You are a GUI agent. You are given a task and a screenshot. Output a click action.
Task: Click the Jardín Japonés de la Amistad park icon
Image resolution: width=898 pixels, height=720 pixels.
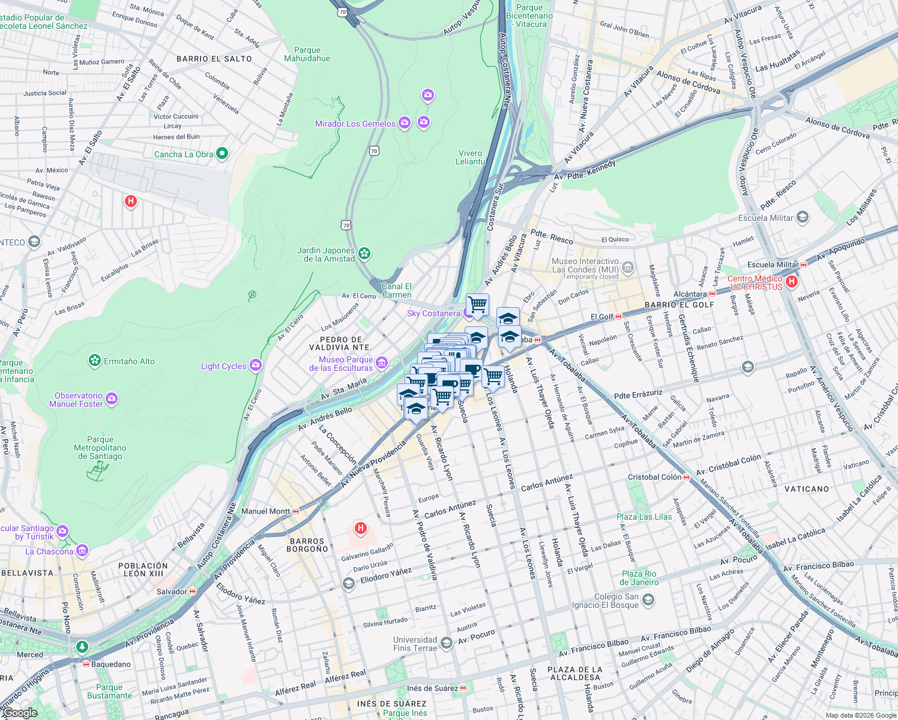[x=364, y=254]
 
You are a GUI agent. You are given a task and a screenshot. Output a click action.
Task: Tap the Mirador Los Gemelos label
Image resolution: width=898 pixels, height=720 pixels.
[x=355, y=124]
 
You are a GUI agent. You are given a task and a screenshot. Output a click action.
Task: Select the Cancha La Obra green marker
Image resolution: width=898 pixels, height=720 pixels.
[x=222, y=154]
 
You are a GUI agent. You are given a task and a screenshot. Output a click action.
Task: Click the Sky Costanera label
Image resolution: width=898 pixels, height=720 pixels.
[x=433, y=313]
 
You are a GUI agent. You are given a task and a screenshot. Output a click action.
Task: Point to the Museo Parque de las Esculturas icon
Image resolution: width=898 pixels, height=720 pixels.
[x=382, y=363]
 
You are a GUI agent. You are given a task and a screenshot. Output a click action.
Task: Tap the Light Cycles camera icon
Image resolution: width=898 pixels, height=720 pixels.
[x=256, y=365]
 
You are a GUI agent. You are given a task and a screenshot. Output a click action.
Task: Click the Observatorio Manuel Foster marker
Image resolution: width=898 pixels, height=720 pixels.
[x=112, y=399]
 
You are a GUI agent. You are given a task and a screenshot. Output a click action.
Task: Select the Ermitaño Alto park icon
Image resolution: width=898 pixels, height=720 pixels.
[x=94, y=361]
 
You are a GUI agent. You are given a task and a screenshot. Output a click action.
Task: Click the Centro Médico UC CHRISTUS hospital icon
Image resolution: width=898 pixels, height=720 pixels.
[x=792, y=281]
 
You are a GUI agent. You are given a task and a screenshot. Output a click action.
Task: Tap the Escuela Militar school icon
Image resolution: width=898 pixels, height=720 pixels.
[x=803, y=217]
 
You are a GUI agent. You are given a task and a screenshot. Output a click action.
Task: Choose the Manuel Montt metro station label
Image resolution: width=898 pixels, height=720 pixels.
[x=265, y=511]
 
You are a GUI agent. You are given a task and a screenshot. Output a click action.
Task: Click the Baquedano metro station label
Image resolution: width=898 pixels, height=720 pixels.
[x=110, y=664]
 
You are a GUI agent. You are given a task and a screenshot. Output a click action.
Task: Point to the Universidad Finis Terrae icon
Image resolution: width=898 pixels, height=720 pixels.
[x=446, y=643]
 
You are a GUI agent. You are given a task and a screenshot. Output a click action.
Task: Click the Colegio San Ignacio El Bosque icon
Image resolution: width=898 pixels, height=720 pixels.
[x=648, y=599]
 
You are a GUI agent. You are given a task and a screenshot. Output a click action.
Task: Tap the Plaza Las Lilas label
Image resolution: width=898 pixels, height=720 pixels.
[x=644, y=517]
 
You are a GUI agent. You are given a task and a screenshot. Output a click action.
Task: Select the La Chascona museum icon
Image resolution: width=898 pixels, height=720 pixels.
[x=82, y=550]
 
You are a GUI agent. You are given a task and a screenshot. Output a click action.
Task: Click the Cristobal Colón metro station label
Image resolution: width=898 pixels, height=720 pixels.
[x=654, y=477]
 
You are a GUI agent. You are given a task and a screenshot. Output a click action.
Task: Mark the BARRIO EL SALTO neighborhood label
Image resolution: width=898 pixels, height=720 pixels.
[x=214, y=59]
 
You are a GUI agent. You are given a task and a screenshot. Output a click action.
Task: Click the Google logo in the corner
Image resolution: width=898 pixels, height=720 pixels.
[x=20, y=713]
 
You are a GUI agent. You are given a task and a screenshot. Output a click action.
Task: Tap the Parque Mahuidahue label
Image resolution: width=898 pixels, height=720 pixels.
[x=307, y=54]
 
